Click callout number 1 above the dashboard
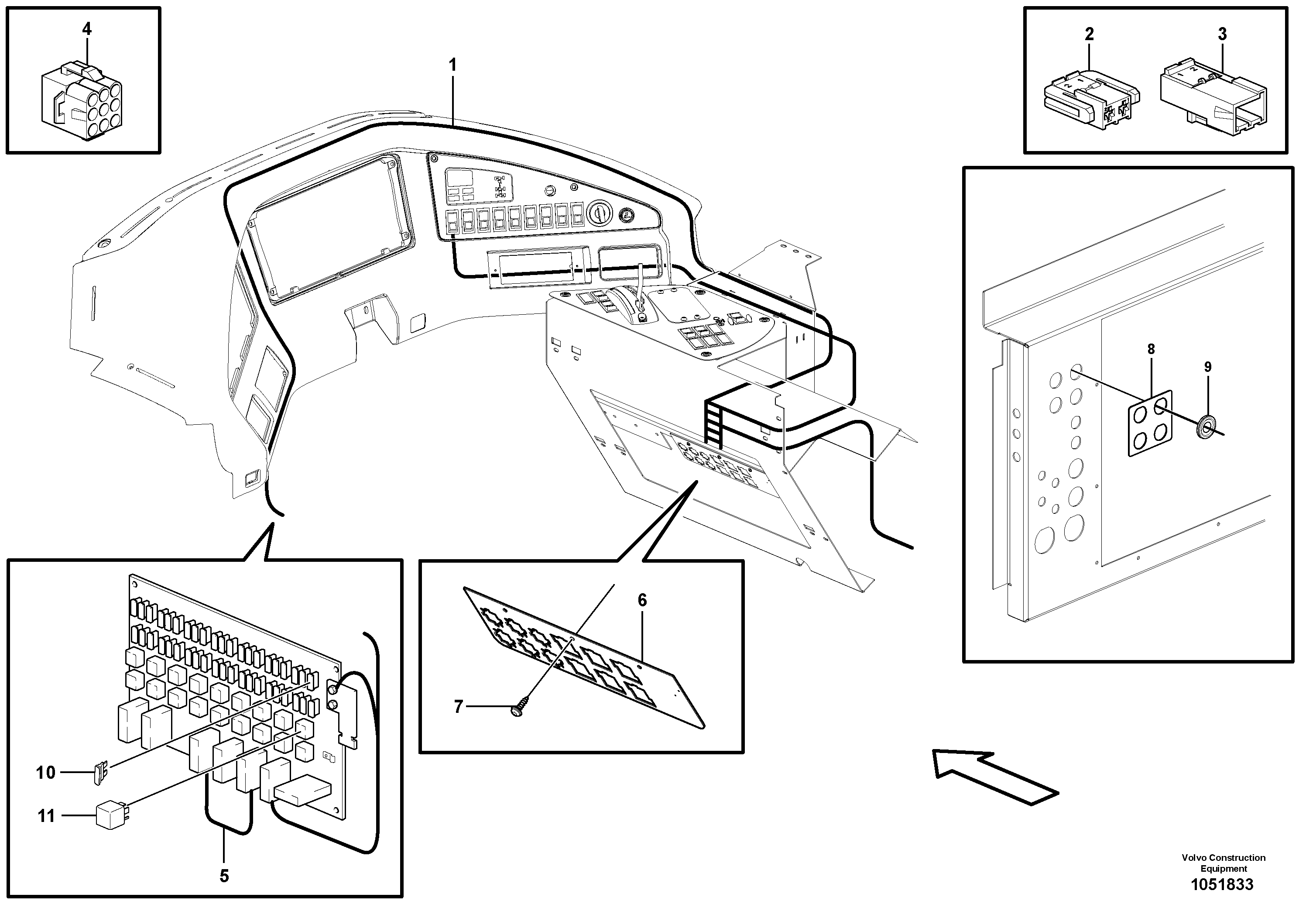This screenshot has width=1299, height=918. [452, 65]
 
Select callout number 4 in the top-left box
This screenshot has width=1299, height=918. [86, 29]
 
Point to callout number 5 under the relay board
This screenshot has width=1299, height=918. [224, 876]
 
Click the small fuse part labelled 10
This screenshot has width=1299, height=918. [100, 773]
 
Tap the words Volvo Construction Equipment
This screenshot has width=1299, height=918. [1223, 863]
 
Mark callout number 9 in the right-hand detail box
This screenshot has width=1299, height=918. [1207, 367]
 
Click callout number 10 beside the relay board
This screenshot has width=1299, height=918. [46, 773]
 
